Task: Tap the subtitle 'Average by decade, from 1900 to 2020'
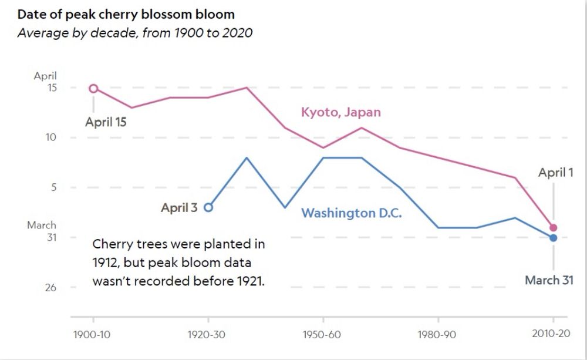135,33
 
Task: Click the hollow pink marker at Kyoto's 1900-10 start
93,88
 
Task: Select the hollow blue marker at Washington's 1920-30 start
208,207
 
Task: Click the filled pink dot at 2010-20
553,227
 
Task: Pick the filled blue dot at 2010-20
553,237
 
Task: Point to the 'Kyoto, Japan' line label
340,112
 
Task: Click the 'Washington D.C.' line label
351,213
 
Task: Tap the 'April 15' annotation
106,123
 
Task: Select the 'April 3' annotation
179,207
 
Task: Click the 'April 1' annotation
555,173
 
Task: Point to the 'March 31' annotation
549,280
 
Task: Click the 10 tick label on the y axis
51,137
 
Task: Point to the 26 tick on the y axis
51,287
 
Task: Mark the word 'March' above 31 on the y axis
42,225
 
